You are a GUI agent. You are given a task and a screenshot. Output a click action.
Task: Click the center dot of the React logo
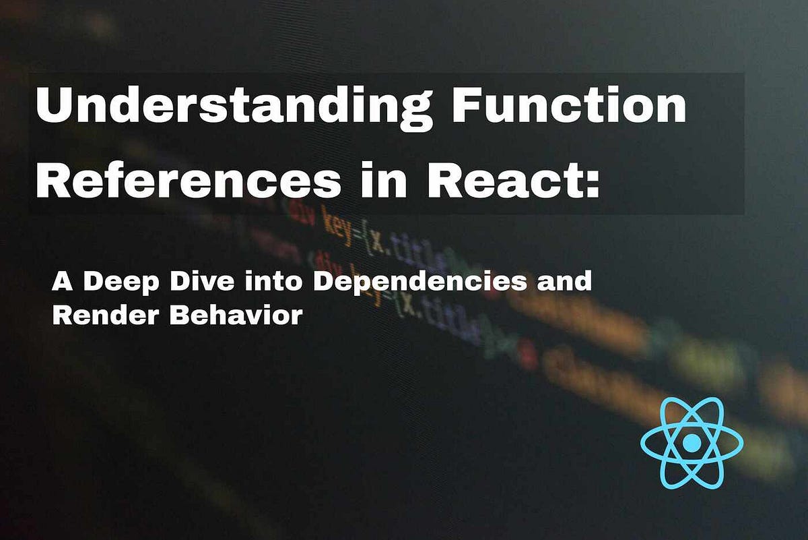(692, 443)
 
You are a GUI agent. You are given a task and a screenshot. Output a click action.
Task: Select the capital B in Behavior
(179, 315)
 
